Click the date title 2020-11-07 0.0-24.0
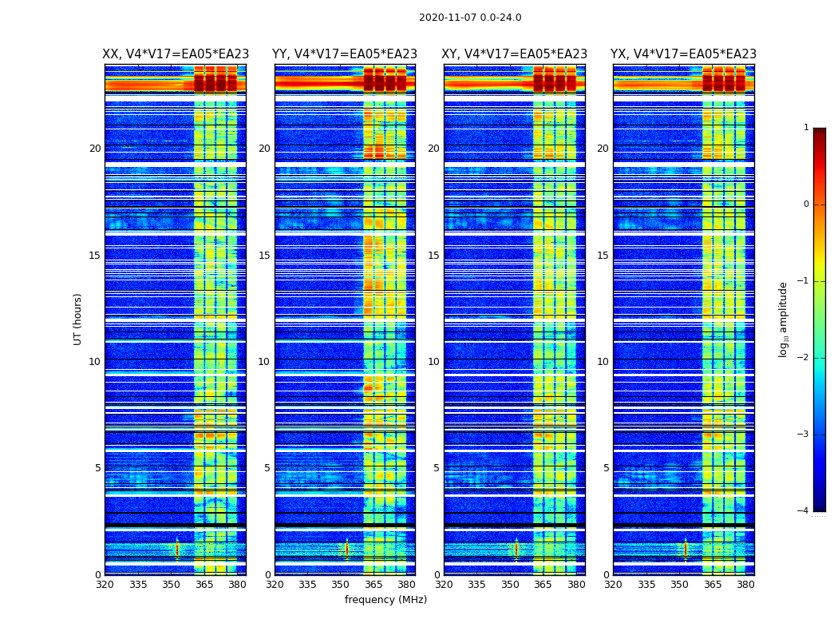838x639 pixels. tap(470, 18)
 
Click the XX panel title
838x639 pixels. tap(176, 54)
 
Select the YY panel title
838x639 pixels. tap(345, 54)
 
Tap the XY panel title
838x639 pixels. tap(515, 54)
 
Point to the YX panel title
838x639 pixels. tap(684, 54)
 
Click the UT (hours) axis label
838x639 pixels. tap(78, 319)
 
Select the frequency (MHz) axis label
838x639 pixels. tap(385, 600)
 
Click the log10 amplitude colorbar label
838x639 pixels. tap(784, 319)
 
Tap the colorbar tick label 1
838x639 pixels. tap(806, 128)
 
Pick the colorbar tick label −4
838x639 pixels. tap(804, 511)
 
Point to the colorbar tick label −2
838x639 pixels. tap(804, 358)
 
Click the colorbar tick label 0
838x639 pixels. tap(806, 204)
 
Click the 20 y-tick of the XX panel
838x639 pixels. tap(96, 149)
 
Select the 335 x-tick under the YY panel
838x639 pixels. tap(308, 585)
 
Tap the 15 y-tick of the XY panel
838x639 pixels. tap(435, 256)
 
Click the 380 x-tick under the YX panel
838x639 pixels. tap(746, 585)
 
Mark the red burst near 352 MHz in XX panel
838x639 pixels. tap(177, 548)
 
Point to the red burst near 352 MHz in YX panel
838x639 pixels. tap(686, 548)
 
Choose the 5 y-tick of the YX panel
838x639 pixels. tap(607, 468)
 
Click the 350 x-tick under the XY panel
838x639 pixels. tap(511, 585)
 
